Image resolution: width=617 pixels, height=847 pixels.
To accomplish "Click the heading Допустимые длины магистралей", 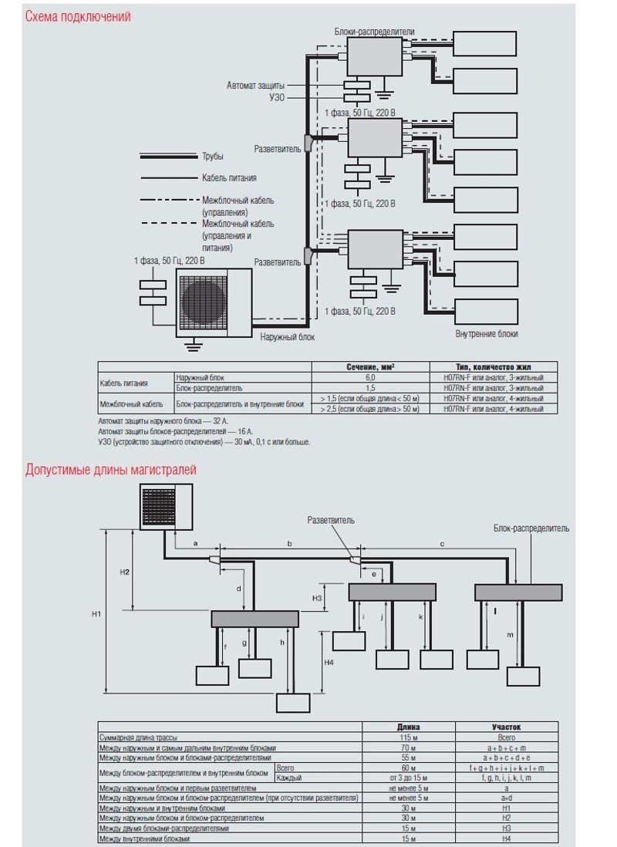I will [x=110, y=470].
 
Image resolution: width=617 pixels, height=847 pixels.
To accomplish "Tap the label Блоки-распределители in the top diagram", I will [x=375, y=32].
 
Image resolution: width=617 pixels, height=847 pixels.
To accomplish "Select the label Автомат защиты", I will [x=255, y=85].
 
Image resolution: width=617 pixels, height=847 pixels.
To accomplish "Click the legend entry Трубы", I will [x=213, y=157].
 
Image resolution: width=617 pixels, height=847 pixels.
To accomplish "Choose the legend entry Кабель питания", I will [x=229, y=178].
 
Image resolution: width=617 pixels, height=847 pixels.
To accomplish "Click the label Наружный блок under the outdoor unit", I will [x=287, y=337].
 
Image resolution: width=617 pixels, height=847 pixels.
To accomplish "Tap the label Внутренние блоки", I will [x=487, y=334].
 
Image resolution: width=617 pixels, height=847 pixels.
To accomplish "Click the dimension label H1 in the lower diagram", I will [x=96, y=614].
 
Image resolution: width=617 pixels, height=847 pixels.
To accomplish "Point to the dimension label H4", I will [x=328, y=662].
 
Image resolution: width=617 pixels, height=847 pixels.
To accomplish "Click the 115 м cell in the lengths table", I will [x=408, y=737].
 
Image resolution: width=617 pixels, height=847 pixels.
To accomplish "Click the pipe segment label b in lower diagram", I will [x=289, y=544].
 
